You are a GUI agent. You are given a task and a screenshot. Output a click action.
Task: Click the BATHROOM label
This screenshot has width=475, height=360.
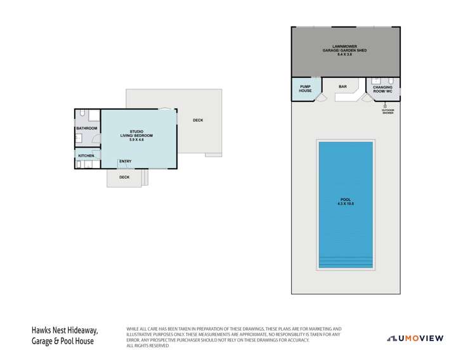tap(87, 129)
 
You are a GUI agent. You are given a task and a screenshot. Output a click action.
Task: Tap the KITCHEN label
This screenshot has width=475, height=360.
tap(86, 155)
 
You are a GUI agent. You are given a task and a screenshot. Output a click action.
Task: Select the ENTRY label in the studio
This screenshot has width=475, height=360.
tap(125, 161)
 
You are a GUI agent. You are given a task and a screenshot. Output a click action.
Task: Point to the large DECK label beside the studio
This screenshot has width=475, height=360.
tap(198, 120)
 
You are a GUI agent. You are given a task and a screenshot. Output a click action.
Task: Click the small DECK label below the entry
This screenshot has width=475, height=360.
tap(124, 177)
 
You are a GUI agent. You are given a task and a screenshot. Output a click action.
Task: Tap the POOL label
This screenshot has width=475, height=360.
tap(346, 200)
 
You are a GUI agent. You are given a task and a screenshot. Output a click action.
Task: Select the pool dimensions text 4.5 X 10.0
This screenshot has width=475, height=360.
tap(346, 203)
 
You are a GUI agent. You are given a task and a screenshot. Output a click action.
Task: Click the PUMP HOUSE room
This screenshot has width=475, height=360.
tap(306, 89)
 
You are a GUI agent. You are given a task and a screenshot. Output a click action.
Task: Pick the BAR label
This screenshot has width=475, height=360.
tap(342, 86)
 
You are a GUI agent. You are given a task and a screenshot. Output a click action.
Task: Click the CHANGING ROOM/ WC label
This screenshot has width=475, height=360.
tap(383, 89)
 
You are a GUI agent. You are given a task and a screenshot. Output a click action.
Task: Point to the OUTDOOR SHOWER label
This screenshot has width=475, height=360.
tap(387, 112)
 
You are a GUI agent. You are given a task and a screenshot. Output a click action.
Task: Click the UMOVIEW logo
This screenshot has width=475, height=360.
tap(415, 338)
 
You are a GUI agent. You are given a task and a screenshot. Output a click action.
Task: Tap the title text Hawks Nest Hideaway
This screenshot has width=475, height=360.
tap(65, 330)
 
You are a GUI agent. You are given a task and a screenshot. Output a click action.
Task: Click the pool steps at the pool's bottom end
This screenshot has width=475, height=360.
tap(346, 261)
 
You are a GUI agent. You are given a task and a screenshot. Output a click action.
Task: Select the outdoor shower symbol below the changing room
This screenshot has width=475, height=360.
tap(387, 105)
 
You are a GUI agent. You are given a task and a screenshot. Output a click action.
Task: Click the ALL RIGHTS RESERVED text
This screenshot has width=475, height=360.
tap(148, 345)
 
